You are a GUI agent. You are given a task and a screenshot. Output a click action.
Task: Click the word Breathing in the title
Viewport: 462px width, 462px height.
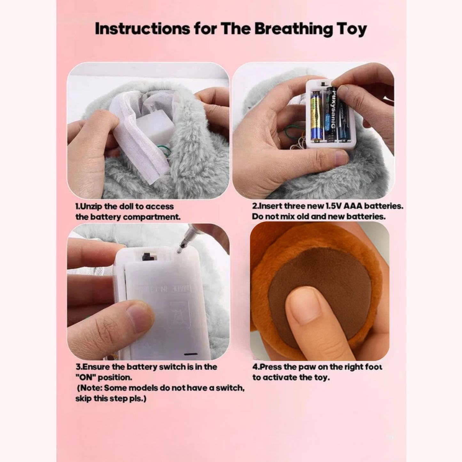coord(293,29)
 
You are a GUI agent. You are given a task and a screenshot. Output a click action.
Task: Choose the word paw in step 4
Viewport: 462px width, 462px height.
coord(308,367)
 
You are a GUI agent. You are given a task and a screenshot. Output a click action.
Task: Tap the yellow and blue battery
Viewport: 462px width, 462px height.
coord(316,117)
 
